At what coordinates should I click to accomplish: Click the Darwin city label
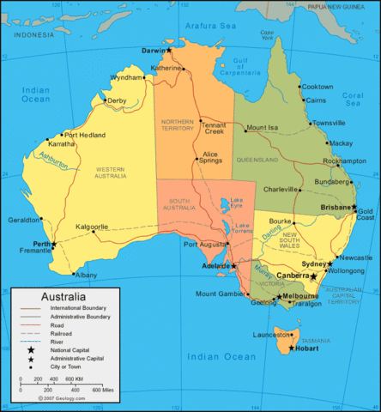coord(154,51)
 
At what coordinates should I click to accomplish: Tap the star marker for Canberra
coord(314,276)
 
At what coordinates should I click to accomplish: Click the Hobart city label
coord(311,348)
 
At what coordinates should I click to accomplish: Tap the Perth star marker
coord(53,245)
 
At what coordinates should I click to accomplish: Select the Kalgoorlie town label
coord(92,227)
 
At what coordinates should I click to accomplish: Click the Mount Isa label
coord(263,129)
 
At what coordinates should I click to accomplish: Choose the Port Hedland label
coord(83,135)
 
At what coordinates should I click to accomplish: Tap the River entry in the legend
coord(62,341)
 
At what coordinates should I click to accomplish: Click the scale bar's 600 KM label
coord(74,379)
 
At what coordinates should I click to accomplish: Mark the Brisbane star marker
coord(353,206)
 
